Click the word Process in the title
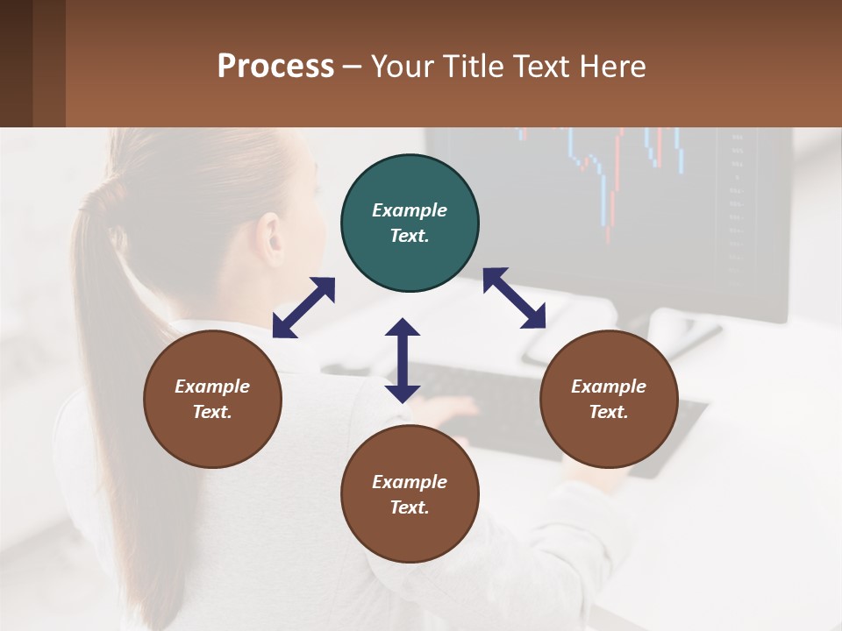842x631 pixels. click(x=275, y=66)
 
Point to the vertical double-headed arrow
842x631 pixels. click(x=403, y=360)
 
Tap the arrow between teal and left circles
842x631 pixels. click(x=303, y=308)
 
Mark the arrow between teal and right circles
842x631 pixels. click(x=514, y=298)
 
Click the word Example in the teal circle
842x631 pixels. click(x=410, y=210)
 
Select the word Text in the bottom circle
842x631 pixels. click(x=410, y=507)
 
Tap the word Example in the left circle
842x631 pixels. click(x=212, y=386)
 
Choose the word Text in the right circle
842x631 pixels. click(x=609, y=412)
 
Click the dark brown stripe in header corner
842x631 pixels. click(x=16, y=63)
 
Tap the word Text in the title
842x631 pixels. click(x=544, y=66)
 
